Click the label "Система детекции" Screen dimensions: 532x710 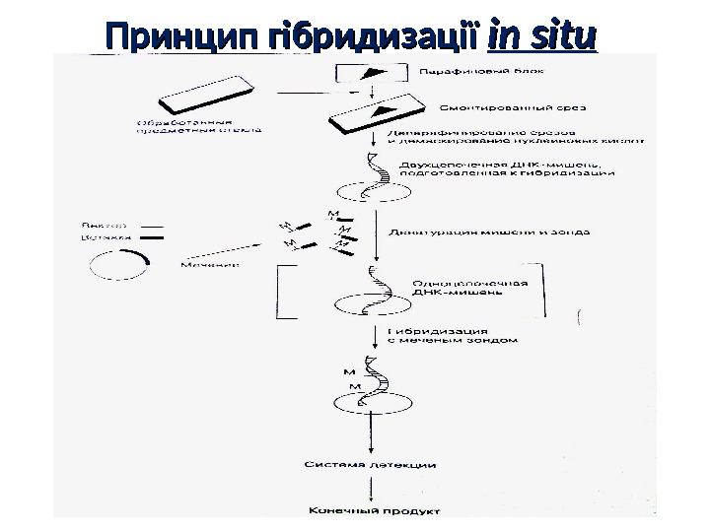point(366,464)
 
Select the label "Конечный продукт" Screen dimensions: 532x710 point(374,510)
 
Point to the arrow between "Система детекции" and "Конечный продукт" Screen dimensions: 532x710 point(373,487)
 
